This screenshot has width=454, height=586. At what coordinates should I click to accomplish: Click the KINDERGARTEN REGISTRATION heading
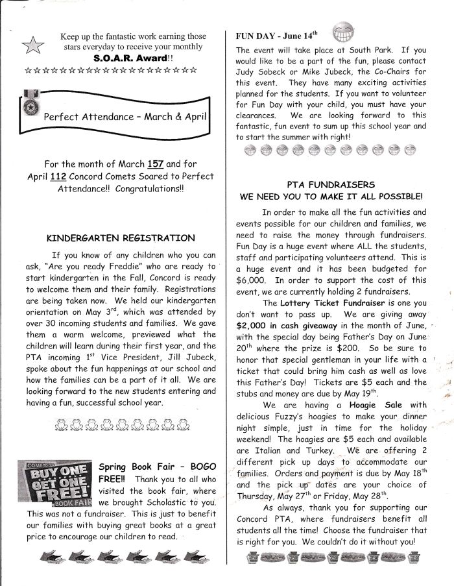(x=121, y=238)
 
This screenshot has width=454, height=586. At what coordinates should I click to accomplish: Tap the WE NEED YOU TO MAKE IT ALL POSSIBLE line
(x=331, y=196)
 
